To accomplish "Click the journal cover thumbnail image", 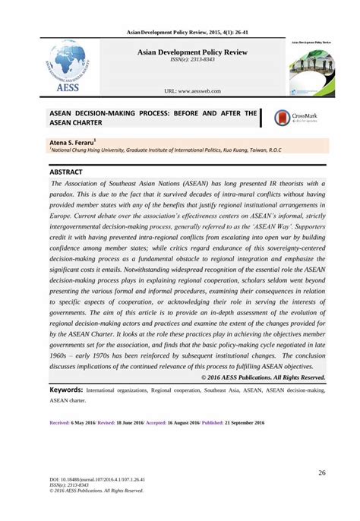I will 313,69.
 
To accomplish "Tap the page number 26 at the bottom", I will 322,474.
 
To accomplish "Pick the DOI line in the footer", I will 97,480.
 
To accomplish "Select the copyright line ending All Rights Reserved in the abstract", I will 263,377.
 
